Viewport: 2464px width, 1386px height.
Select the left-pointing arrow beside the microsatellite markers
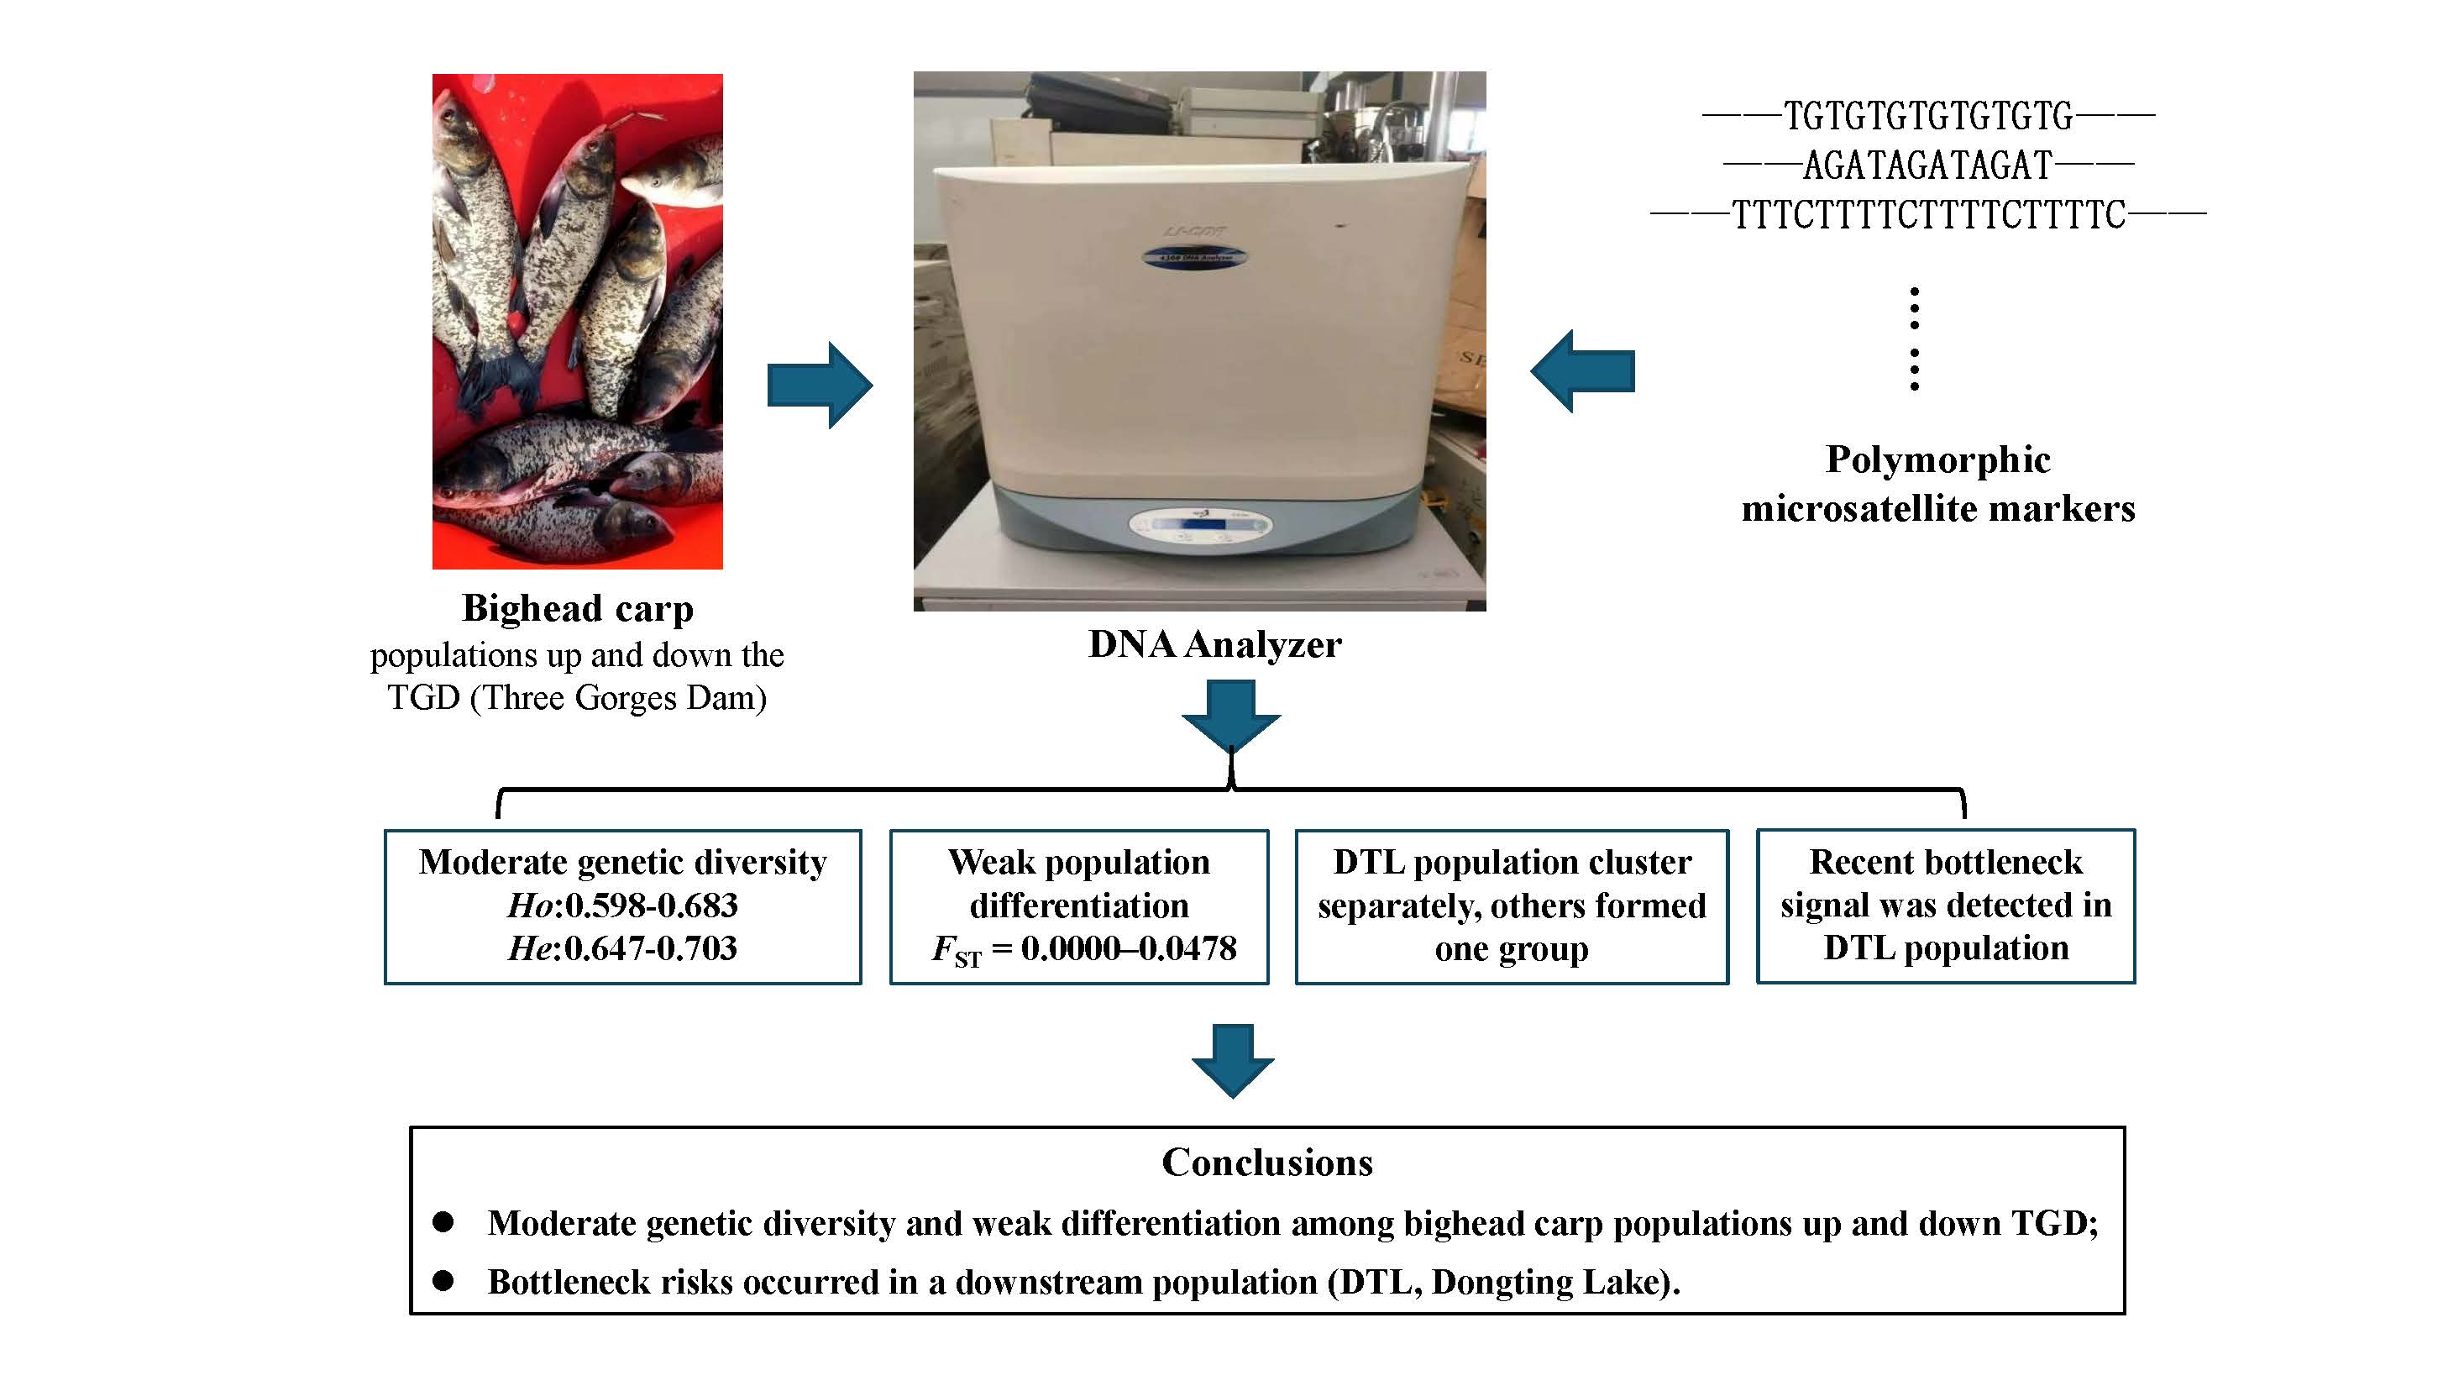click(1582, 371)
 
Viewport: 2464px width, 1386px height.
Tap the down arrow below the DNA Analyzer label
click(1231, 715)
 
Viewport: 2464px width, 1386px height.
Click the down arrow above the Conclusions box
click(1232, 1060)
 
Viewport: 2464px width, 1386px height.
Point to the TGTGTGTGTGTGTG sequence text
click(1928, 117)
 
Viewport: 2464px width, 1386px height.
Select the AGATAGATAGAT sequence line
click(1928, 165)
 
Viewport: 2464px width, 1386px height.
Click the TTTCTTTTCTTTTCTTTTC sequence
click(1928, 215)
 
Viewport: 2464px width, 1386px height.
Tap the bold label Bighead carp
click(578, 608)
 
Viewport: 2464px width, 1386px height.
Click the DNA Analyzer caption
click(1214, 644)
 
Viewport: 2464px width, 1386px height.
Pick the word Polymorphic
click(1938, 460)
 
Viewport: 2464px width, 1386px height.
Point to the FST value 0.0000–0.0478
click(1129, 948)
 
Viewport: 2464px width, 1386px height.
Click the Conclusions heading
click(1267, 1163)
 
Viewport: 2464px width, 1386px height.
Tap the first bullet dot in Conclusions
click(443, 1221)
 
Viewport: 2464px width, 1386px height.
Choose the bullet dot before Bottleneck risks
click(443, 1280)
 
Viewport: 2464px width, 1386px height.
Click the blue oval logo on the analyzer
click(1196, 257)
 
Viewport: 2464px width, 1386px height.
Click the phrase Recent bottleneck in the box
click(1946, 862)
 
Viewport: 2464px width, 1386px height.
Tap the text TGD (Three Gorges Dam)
click(577, 698)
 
